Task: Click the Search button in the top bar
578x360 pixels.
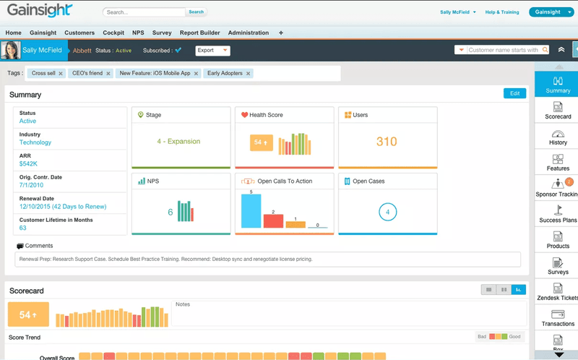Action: tap(196, 12)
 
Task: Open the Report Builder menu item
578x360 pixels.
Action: tap(199, 33)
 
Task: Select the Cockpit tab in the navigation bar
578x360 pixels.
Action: tap(113, 33)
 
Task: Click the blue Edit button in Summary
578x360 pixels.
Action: tap(514, 93)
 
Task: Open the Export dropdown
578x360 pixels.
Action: tap(212, 51)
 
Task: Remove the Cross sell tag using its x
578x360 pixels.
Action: tap(61, 74)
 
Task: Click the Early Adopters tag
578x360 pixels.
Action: tap(225, 74)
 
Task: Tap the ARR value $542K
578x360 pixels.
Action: tap(29, 164)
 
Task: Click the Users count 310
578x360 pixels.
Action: tap(387, 142)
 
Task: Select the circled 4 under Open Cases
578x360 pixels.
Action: tap(387, 213)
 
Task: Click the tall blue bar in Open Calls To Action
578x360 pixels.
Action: tap(251, 211)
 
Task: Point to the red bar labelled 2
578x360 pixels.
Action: tap(273, 221)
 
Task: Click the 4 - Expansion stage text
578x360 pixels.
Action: tap(178, 142)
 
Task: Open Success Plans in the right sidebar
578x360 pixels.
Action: tap(558, 214)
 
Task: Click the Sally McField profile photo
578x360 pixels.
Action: tap(11, 50)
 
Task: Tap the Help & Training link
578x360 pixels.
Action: tap(501, 12)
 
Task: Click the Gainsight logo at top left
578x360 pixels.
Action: tap(40, 11)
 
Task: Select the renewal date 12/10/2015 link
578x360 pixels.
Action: tap(62, 207)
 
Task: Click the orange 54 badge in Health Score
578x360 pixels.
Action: tap(261, 143)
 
